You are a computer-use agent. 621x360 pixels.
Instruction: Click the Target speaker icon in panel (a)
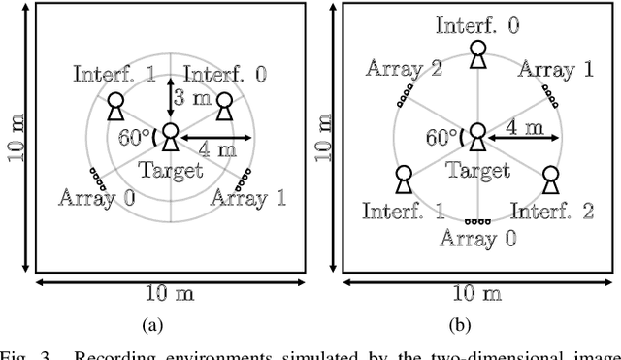170,137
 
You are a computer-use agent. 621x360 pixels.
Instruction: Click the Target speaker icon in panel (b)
476,137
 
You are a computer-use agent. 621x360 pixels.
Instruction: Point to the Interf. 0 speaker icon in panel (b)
476,53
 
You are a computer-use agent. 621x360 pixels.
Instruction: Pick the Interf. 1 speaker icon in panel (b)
404,180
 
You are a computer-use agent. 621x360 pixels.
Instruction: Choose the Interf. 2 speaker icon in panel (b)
550,180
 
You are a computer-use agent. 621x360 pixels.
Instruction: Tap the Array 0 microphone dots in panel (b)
476,221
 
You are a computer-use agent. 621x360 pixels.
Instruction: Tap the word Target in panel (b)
477,170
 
